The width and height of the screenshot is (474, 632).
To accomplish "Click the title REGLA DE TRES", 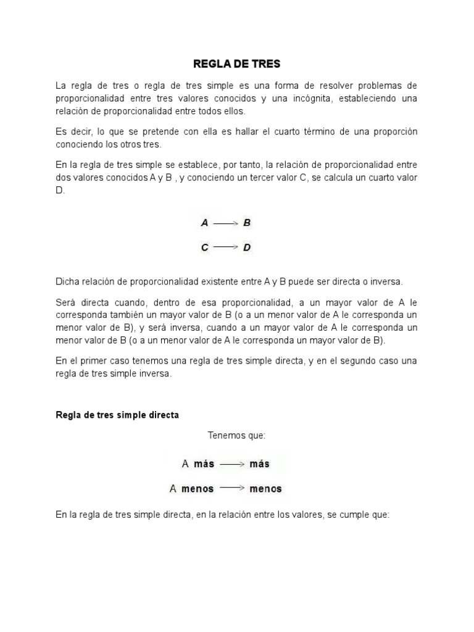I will coord(237,64).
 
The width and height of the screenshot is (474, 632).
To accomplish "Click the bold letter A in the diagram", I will coord(205,223).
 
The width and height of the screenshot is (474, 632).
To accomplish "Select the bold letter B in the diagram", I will coord(247,223).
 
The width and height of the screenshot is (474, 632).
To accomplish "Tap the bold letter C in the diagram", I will coord(205,247).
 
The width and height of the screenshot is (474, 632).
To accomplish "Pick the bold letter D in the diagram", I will coord(247,247).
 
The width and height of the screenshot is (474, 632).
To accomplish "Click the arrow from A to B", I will coord(225,223).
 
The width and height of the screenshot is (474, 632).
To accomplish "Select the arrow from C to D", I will coord(225,247).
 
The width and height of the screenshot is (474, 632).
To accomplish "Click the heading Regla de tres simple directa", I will coord(117,415).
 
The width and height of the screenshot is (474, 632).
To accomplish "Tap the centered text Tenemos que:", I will coord(236,436).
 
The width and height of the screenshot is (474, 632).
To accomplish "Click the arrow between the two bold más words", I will coord(231,464).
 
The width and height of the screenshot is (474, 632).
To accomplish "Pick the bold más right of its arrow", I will coord(259,464).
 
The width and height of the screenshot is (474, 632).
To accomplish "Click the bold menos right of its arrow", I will coord(265,489).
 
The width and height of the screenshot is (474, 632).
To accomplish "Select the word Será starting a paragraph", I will coord(66,302).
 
